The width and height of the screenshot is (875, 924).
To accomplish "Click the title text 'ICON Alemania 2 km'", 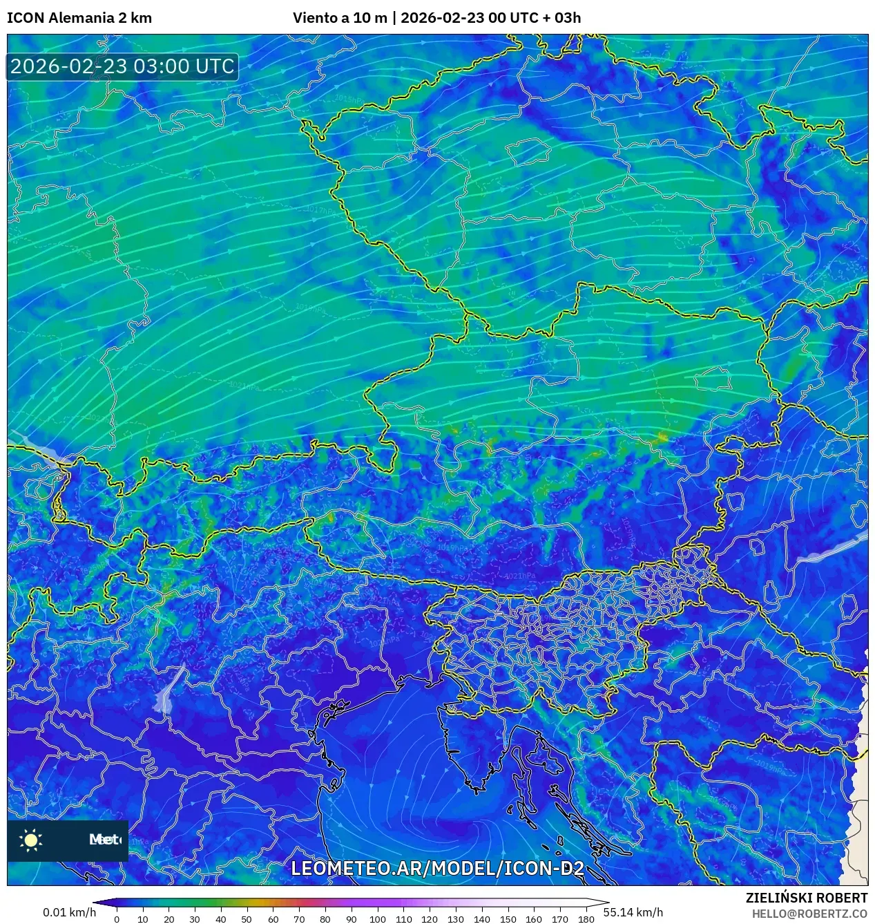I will tap(79, 18).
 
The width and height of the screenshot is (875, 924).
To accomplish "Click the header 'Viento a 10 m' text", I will tap(340, 18).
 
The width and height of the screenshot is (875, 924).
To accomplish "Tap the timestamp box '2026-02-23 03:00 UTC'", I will tap(122, 66).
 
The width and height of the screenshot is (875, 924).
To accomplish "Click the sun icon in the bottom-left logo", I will tap(31, 840).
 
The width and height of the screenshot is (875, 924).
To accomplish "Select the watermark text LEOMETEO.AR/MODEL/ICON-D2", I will tap(437, 869).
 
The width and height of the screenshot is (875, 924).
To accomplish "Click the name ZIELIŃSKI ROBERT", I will tap(806, 898).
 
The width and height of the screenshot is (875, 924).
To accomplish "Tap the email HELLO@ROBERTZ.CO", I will tap(809, 914).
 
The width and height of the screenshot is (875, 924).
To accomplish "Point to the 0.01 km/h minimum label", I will tap(69, 912).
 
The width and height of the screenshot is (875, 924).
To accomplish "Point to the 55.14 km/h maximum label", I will tap(633, 912).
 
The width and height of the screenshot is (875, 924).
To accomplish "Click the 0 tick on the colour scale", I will tap(117, 919).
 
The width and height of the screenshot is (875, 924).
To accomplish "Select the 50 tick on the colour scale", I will tap(247, 919).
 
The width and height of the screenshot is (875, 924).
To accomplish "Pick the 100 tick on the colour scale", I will tap(377, 919).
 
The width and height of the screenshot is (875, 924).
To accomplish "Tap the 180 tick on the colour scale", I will tap(586, 919).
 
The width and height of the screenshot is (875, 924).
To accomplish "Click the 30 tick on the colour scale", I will tap(195, 919).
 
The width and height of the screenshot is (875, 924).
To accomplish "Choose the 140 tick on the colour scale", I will tap(481, 919).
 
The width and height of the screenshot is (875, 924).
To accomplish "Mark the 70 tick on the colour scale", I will tap(299, 919).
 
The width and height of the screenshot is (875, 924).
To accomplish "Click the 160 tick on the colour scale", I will tap(534, 919).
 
